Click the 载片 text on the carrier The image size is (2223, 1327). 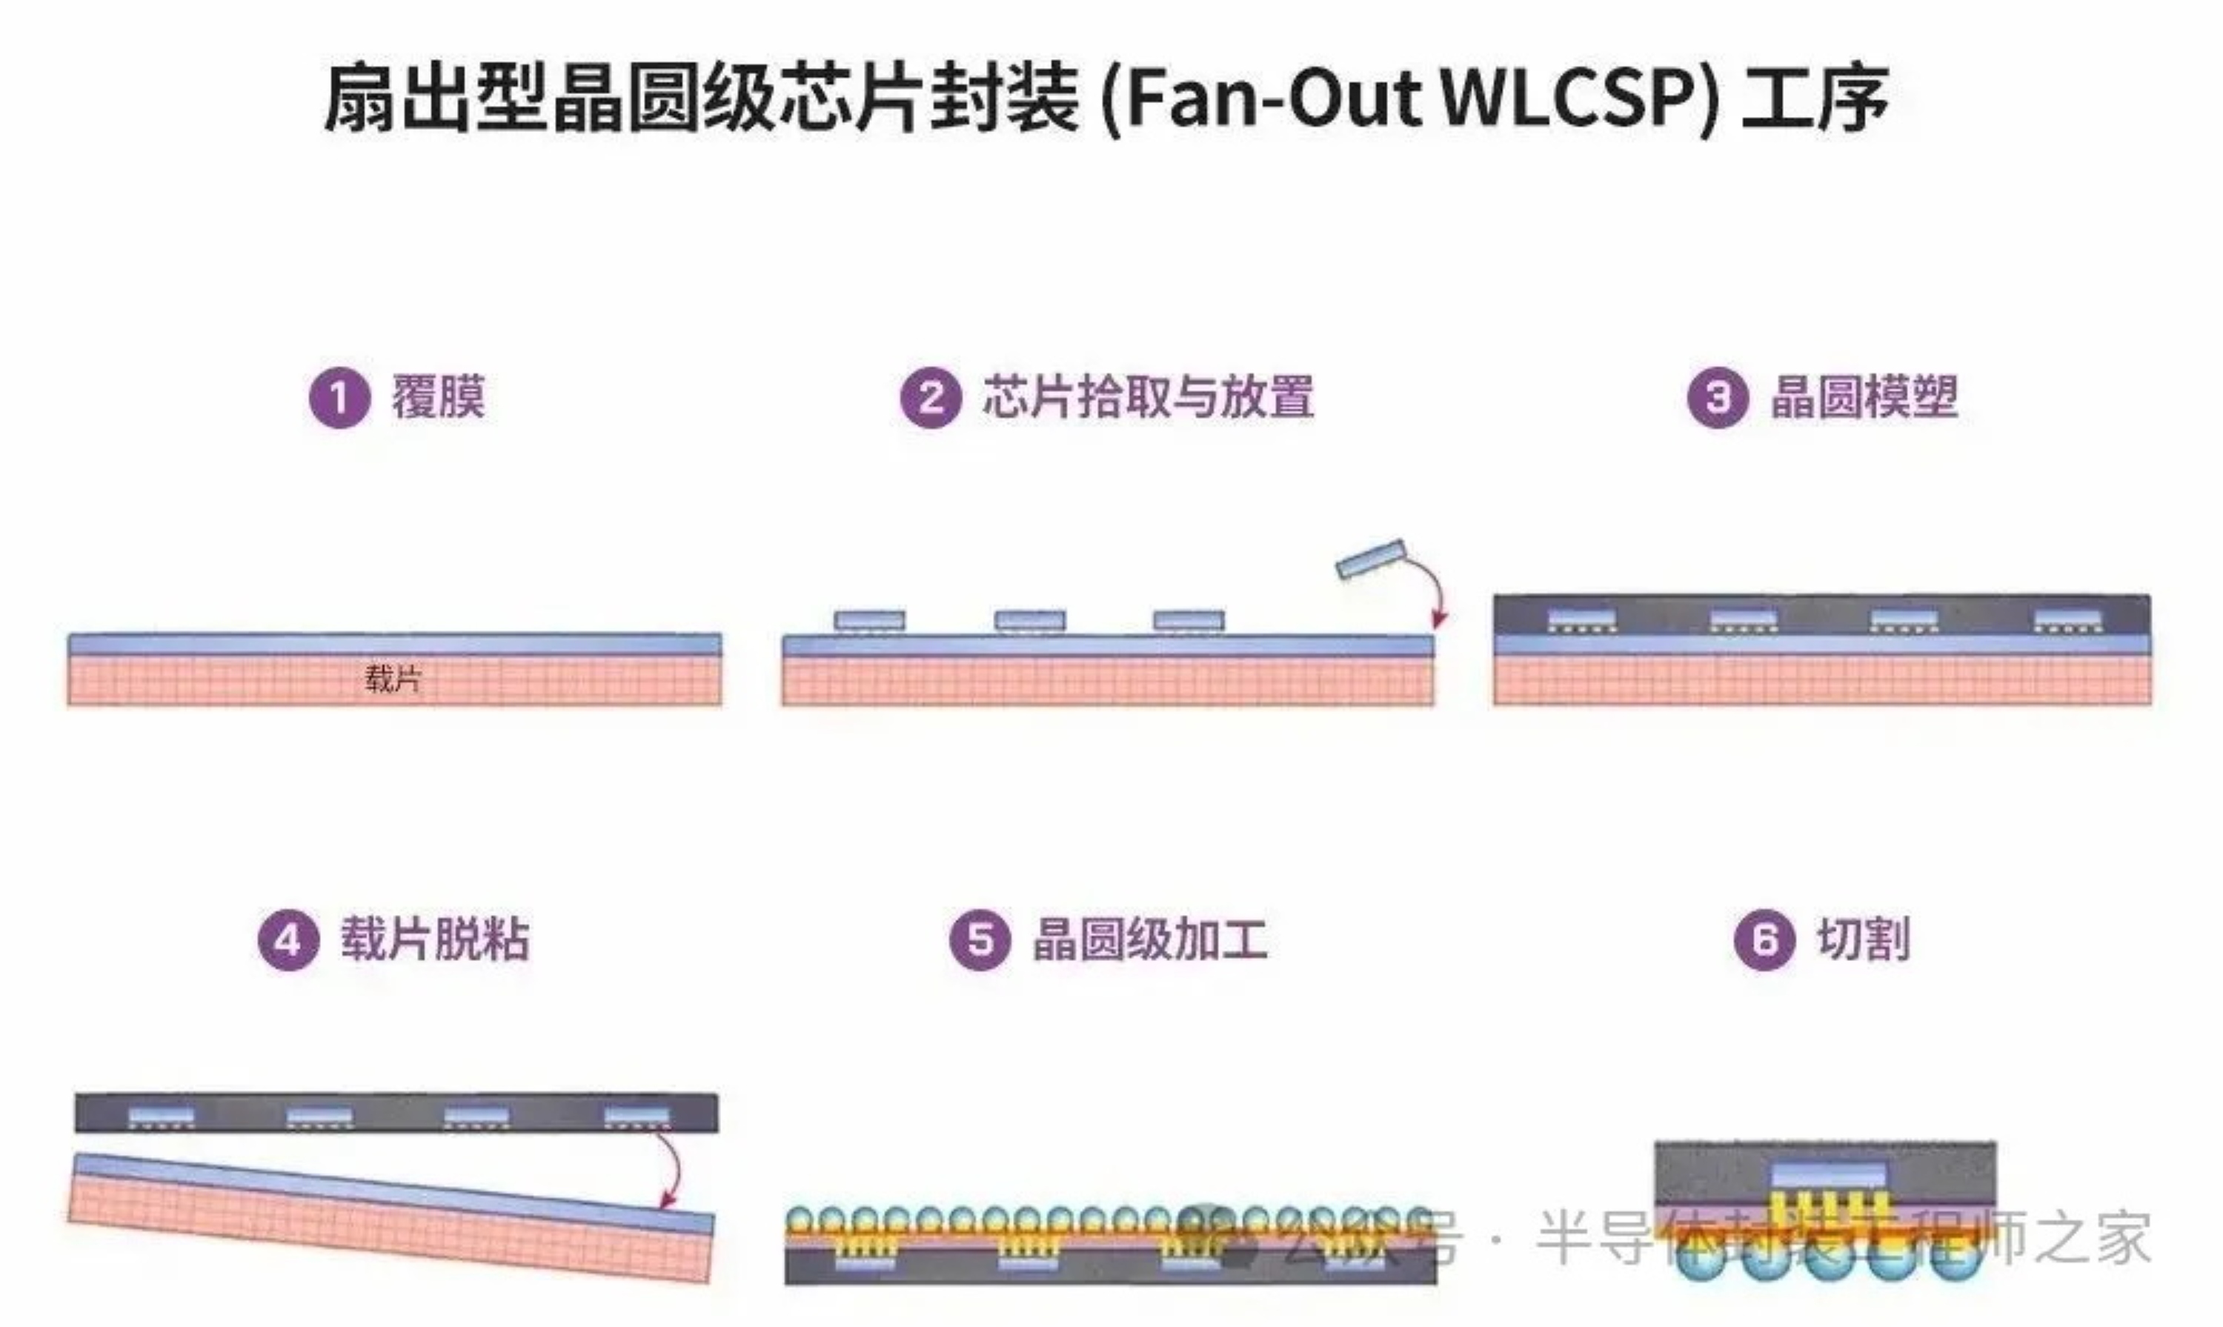click(x=392, y=679)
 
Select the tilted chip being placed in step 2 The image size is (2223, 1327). click(x=1371, y=559)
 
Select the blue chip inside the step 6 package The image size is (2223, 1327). click(x=1829, y=1175)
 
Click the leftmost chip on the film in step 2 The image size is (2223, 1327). click(x=869, y=619)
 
